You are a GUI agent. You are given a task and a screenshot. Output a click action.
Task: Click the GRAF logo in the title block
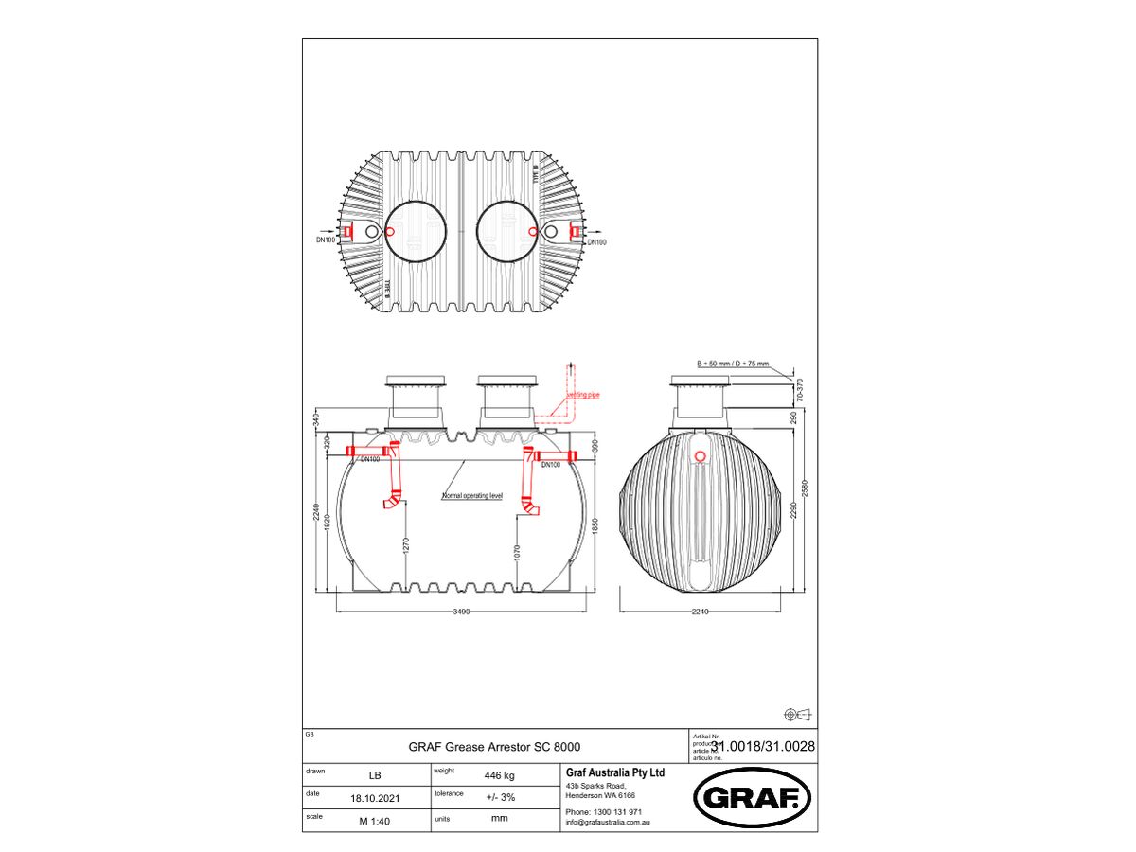(753, 798)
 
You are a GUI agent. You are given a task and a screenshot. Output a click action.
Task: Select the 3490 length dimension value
(461, 612)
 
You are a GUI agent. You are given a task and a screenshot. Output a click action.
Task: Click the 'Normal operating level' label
(472, 496)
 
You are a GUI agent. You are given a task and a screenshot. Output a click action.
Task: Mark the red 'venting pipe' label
(583, 394)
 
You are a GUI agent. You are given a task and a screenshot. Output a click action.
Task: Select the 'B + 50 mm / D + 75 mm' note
(733, 364)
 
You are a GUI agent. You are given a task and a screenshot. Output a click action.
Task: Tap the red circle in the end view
(700, 456)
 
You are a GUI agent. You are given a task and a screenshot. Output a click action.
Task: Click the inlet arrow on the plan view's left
(325, 231)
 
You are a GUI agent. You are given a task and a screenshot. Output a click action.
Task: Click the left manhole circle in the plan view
(416, 232)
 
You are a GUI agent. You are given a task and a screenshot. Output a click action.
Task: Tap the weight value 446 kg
(499, 775)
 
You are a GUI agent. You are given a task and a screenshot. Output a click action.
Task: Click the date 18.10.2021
(375, 798)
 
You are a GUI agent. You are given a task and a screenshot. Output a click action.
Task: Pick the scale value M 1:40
(375, 821)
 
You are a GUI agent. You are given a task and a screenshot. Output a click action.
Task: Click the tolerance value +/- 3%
(500, 798)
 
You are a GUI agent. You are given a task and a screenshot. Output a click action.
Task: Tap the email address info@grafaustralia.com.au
(607, 823)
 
